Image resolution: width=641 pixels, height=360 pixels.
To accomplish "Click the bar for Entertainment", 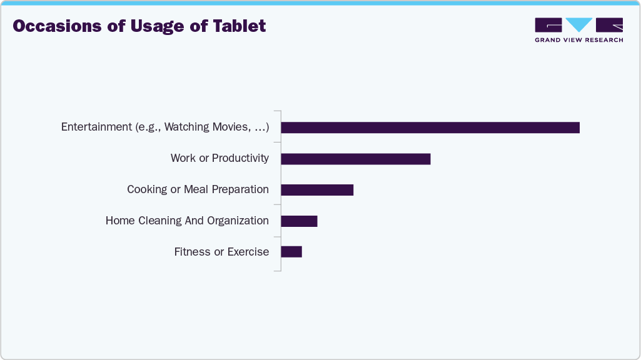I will point(430,127).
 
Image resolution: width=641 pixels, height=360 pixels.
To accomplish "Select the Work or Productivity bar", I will point(356,159).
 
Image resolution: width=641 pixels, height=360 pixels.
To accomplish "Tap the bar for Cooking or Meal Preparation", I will point(317,190).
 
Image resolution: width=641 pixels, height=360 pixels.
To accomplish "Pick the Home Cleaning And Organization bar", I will point(299,221).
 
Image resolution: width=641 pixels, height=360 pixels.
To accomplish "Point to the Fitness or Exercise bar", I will point(291,252).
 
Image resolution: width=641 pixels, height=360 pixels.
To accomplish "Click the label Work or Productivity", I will point(220,158).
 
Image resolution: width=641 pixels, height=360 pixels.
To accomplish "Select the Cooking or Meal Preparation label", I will point(198,189).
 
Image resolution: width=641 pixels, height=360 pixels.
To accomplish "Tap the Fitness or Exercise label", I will point(221,252).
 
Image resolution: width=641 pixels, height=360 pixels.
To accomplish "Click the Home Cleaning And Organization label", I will point(187,221).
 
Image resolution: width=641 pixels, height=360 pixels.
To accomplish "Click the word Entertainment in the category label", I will point(96,127).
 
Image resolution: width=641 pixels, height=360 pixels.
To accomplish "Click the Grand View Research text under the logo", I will point(578,40).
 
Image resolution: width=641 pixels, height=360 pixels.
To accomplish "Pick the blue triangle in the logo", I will point(579,25).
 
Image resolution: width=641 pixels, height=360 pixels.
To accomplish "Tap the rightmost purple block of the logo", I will point(610,25).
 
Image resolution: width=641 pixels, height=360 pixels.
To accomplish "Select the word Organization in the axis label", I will point(237,221).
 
